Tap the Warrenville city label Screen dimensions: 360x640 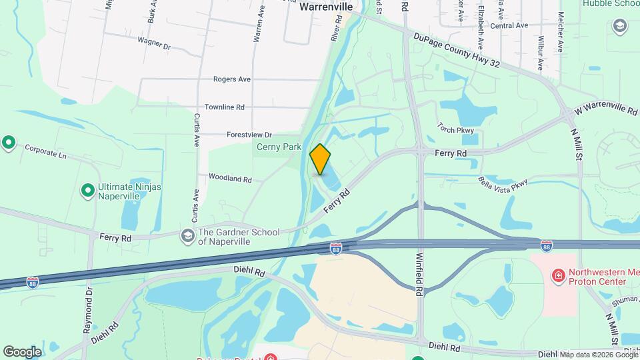coord(325,6)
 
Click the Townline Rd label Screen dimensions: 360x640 coord(224,107)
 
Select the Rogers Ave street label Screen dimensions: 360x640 coord(232,79)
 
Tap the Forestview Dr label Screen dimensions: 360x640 coord(249,135)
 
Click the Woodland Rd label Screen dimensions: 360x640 coord(229,179)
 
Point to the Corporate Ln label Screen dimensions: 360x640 coord(46,151)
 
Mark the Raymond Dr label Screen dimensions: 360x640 coord(87,310)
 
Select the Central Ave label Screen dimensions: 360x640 coord(509,25)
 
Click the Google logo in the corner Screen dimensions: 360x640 coord(22,351)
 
